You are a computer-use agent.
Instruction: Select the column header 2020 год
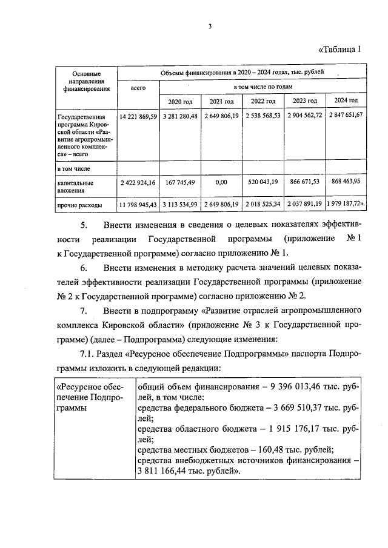tap(179, 101)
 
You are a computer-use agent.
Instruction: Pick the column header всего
tap(138, 88)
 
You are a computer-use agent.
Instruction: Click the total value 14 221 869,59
tap(138, 116)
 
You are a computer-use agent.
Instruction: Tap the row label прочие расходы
tap(79, 206)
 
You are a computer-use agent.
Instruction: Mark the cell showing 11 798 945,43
tap(138, 206)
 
